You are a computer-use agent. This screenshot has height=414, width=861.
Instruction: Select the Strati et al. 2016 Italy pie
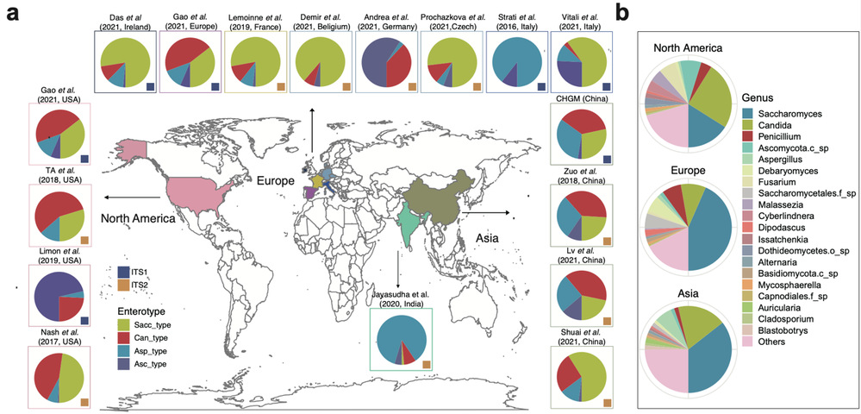pos(515,61)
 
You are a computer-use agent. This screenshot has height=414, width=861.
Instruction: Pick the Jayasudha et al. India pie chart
pos(401,340)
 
